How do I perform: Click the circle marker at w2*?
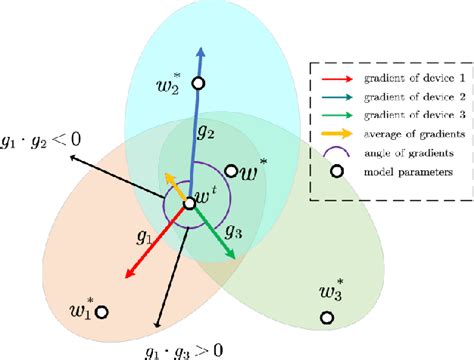(x=198, y=83)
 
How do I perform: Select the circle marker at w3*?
(x=326, y=319)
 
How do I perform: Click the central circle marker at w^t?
(x=189, y=204)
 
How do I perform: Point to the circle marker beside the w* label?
(x=231, y=171)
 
